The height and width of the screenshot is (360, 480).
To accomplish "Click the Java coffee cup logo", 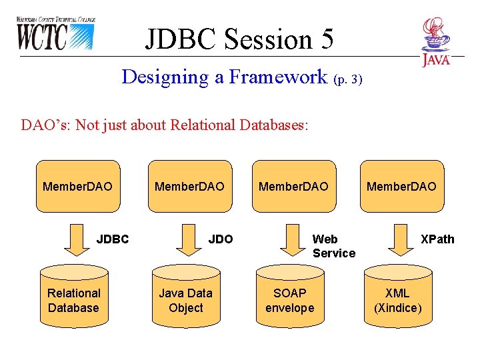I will coord(435,41).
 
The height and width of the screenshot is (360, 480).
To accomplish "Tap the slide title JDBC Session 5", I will coord(239,39).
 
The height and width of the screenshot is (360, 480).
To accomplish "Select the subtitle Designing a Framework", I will coord(225,77).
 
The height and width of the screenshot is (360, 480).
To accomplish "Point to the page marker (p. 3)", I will coord(347,79).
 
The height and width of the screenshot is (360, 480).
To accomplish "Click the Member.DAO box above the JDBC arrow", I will coord(77,187).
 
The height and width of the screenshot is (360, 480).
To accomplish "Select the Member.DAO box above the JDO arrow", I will coord(189,187).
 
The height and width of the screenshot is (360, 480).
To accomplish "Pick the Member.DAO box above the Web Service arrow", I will coord(293,187).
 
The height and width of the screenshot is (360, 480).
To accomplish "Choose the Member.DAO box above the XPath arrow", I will coord(401,187).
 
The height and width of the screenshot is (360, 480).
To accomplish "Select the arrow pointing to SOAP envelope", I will coord(291,241).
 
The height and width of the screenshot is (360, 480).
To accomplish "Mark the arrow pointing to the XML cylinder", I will coord(401,241).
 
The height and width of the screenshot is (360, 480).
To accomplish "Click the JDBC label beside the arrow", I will coord(113,239).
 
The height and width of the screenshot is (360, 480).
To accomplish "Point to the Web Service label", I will coord(333,246).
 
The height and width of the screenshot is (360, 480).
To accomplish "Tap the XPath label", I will coord(437,239).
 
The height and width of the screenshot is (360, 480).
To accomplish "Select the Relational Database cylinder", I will coord(73,300).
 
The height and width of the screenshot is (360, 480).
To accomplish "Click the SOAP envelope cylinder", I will coord(289,300).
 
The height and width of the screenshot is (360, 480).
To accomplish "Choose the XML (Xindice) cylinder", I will coord(397,300).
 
